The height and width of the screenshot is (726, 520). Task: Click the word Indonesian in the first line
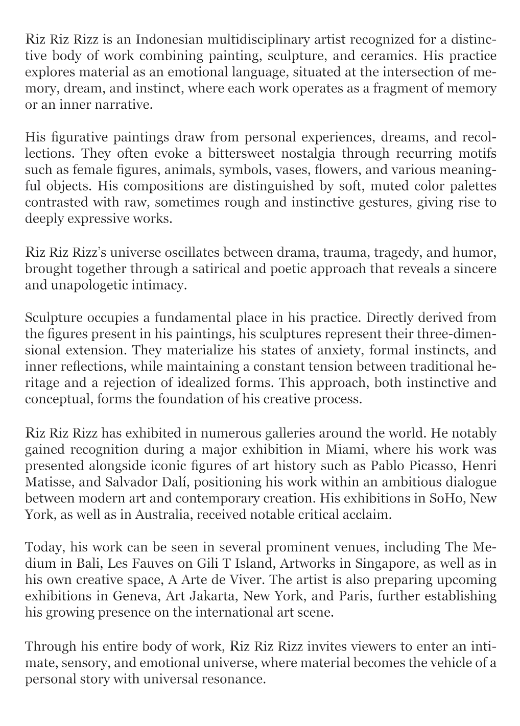pos(166,39)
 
